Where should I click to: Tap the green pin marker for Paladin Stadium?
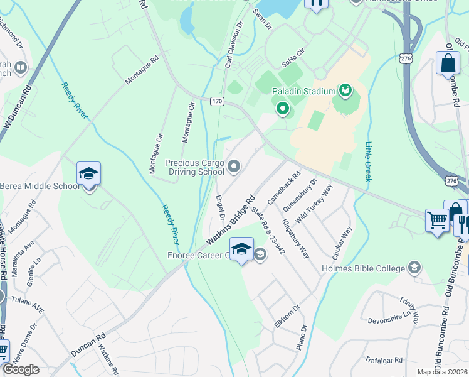[283, 110]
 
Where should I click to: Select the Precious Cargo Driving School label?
[194, 167]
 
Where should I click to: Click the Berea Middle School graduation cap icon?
[89, 173]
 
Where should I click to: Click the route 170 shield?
[217, 101]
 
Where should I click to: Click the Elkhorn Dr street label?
[287, 316]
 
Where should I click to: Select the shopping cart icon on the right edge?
[437, 220]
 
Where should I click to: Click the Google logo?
[21, 369]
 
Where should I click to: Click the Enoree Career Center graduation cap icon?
[241, 249]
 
